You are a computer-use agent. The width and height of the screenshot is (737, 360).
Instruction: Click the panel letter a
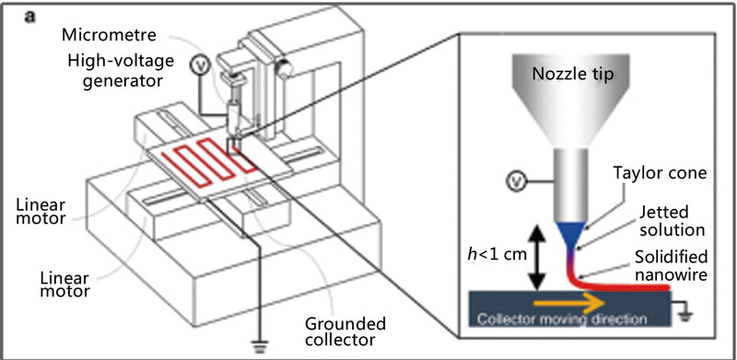coord(30,17)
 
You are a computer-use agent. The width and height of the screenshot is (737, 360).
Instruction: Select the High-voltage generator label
coord(121,71)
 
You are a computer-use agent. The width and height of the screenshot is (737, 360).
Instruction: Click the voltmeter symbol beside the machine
coord(198,67)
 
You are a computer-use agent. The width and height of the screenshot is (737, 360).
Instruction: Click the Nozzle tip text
coord(572,74)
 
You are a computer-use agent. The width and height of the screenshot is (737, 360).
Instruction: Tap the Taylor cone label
coord(660,173)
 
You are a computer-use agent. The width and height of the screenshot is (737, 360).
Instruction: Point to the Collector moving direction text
coord(561,319)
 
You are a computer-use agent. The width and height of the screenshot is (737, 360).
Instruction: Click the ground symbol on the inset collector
coord(686,315)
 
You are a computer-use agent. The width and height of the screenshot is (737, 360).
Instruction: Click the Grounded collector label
coord(345,331)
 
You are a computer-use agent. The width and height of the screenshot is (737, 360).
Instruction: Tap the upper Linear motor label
coord(41,212)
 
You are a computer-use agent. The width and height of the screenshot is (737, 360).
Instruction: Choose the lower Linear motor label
coord(64,285)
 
